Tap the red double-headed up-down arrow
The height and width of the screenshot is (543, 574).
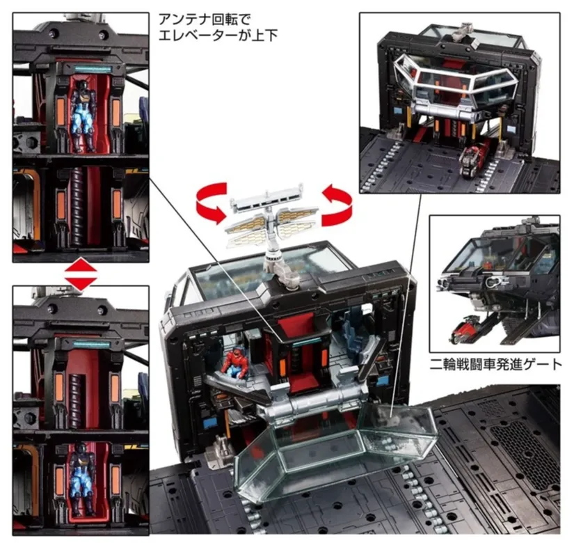pos(81,274)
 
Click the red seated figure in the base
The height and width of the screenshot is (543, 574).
pos(234,363)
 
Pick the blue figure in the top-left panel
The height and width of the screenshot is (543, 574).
pos(83,116)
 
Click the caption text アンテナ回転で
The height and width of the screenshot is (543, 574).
pos(205,19)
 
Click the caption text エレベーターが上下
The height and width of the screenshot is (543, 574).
pos(218,36)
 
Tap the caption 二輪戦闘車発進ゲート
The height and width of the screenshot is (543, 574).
pos(496,364)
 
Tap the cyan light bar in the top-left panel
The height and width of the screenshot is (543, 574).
pos(93,68)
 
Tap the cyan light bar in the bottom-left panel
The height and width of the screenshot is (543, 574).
pos(92,345)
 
